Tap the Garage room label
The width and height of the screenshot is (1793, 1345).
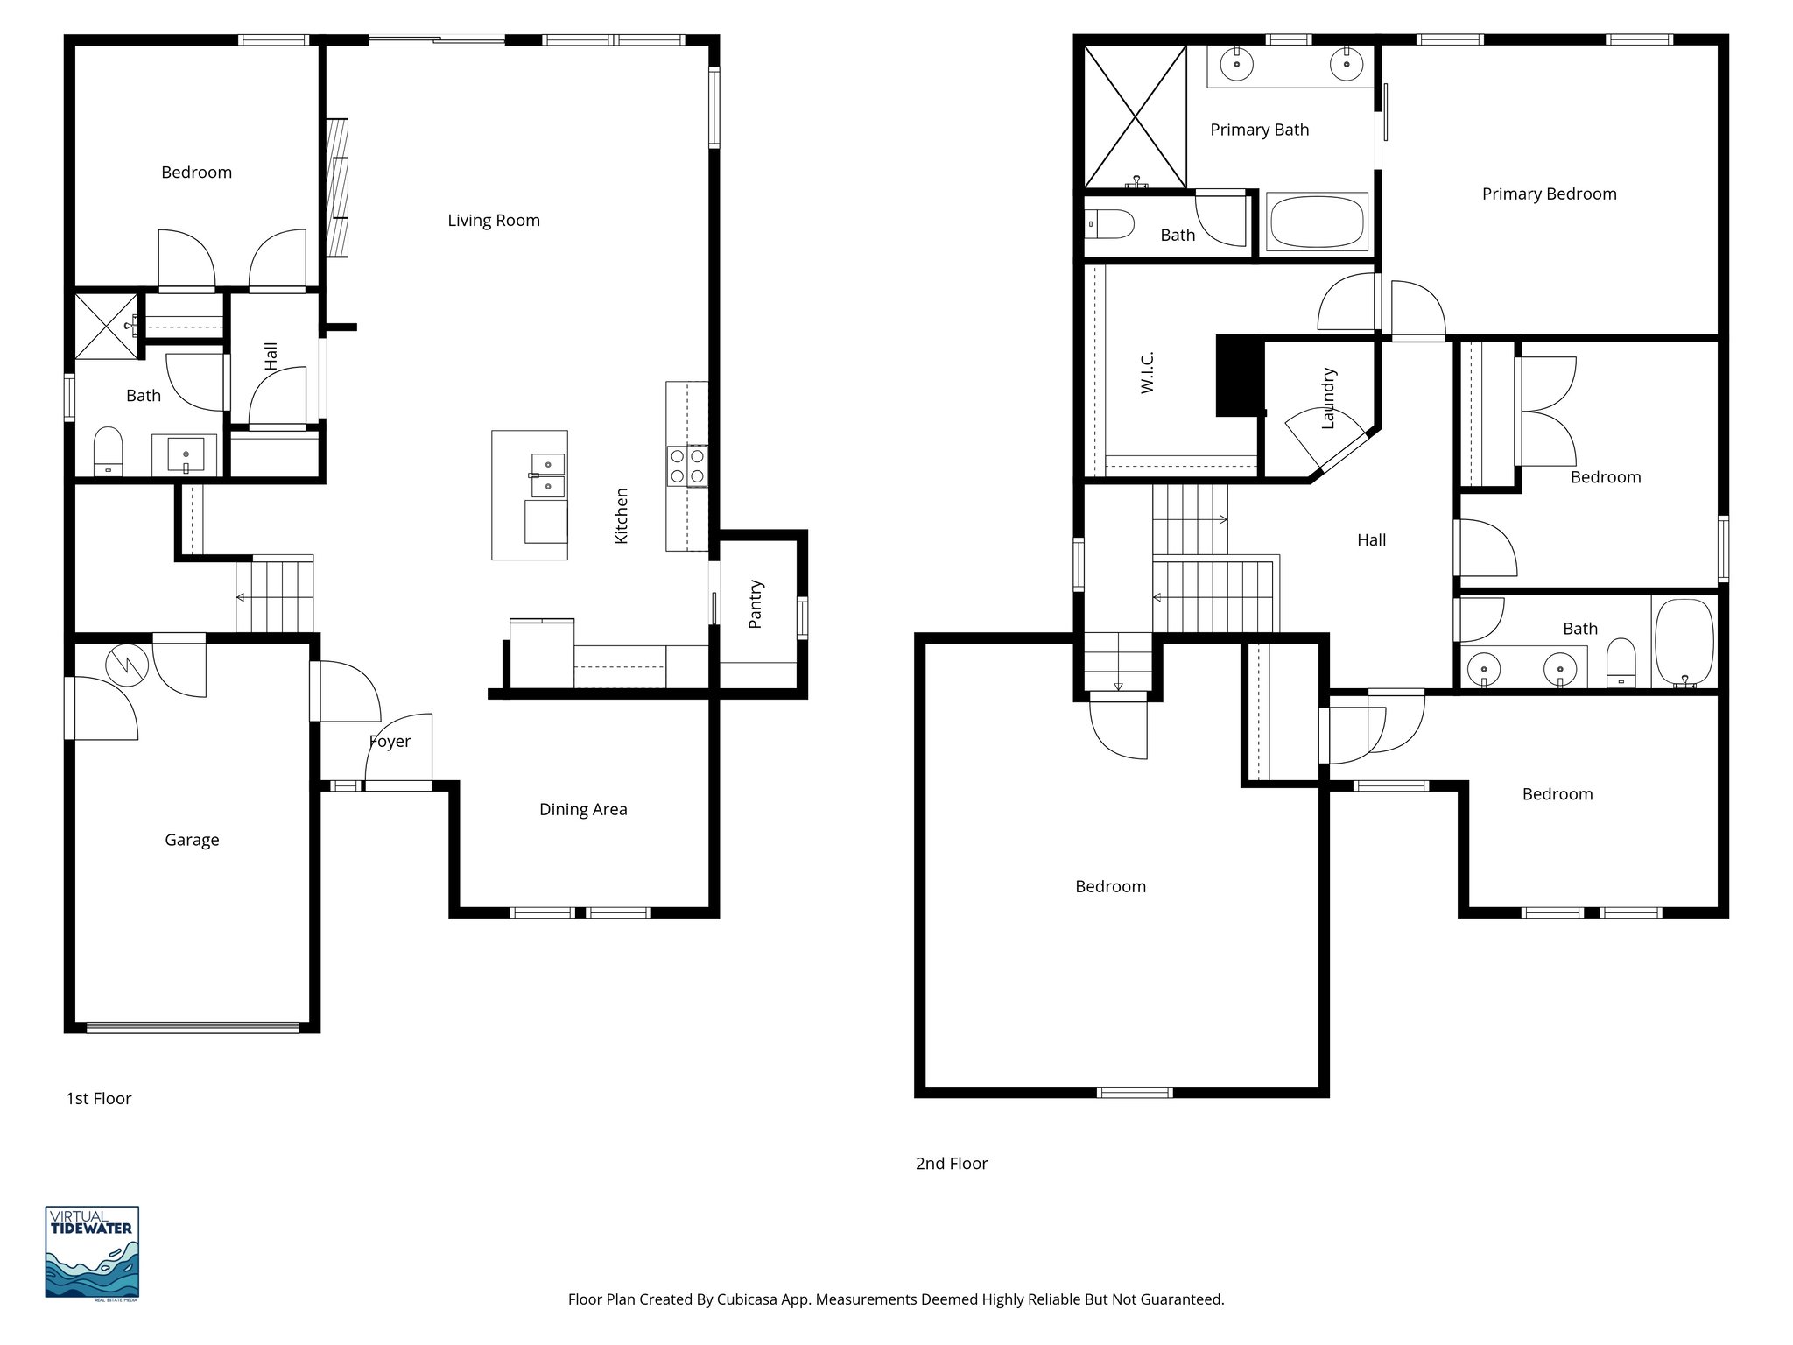[192, 840]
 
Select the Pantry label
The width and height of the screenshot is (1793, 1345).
[756, 604]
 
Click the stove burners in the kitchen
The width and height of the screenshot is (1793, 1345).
[687, 466]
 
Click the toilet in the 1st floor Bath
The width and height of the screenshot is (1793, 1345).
[108, 450]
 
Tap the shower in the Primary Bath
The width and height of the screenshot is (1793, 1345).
[1136, 116]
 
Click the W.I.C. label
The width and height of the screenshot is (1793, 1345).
[1148, 372]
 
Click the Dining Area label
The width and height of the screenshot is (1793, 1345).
[583, 809]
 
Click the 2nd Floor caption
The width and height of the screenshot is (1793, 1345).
[952, 1163]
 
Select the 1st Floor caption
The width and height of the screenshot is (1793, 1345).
[99, 1098]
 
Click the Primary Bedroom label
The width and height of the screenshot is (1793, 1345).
[1549, 194]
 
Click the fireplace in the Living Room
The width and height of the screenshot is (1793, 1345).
[336, 187]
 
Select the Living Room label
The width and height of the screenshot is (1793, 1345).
[494, 220]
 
